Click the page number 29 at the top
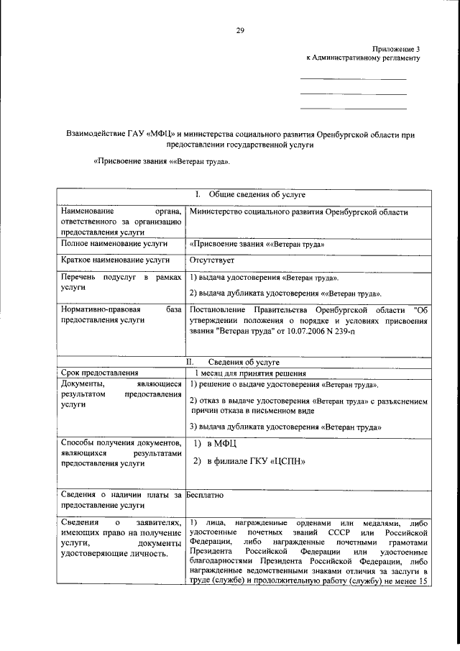point(240,29)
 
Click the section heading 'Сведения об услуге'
point(245,362)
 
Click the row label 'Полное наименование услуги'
point(109,245)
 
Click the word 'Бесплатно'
point(206,495)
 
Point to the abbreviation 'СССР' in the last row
point(339,531)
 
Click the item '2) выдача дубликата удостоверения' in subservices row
point(285,293)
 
